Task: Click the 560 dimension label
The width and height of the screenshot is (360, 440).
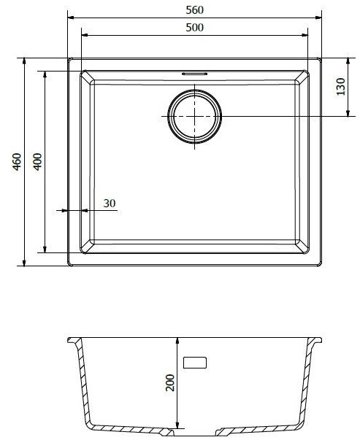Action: coord(194,10)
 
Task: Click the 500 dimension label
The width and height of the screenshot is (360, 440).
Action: coord(194,28)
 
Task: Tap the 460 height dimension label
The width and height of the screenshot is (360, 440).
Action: coord(17,162)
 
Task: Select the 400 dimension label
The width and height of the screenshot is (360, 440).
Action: coord(38,162)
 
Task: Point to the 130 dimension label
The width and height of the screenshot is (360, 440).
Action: coord(340,87)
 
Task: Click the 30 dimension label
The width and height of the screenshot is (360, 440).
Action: coord(110,203)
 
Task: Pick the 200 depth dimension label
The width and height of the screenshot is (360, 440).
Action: coord(170,382)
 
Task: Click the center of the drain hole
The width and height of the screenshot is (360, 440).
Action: coord(194,116)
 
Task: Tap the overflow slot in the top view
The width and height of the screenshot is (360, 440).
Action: coord(194,74)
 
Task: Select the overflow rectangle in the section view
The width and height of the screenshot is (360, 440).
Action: coord(195,363)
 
